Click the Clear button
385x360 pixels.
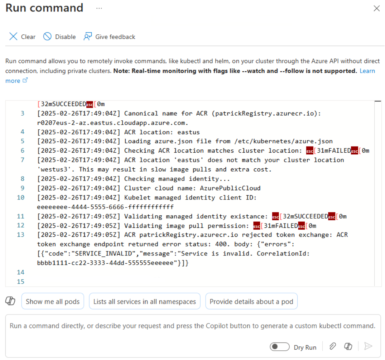tap(22, 37)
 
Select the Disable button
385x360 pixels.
tap(59, 37)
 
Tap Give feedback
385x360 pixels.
tap(110, 37)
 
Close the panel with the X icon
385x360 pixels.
tap(377, 8)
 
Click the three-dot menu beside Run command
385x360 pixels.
tap(99, 8)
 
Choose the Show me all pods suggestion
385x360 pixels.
tap(53, 301)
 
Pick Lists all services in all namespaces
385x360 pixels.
tap(145, 301)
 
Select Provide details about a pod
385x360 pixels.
tap(251, 301)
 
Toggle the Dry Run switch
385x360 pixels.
tap(280, 347)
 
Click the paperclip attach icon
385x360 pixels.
tap(332, 346)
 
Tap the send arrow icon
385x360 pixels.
tap(368, 346)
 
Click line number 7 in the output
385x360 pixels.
tap(22, 160)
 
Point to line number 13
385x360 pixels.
tap(21, 235)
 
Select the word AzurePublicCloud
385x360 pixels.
tap(230, 188)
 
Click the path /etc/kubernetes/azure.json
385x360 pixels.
tap(284, 141)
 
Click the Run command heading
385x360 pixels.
tap(44, 8)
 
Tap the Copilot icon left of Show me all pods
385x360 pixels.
tap(10, 301)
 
